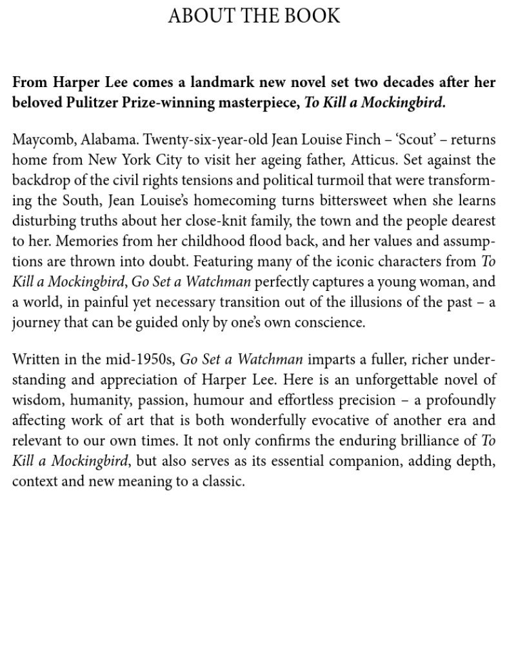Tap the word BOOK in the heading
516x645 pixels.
click(x=313, y=15)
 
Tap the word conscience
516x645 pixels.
click(x=327, y=322)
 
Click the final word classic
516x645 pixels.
click(x=223, y=481)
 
